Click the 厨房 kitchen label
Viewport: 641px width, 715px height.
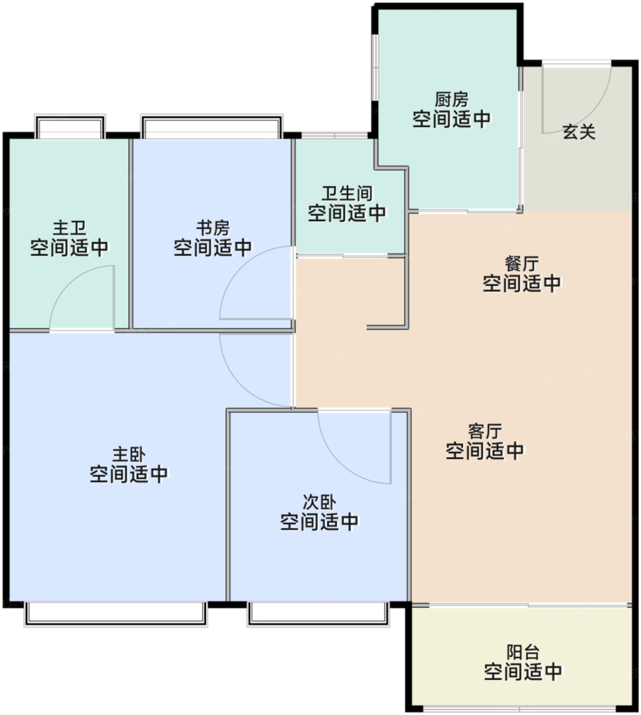[x=452, y=100]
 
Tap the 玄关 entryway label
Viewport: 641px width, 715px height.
[x=579, y=132]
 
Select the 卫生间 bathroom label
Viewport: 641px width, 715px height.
[x=347, y=194]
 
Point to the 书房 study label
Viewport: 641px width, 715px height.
[x=213, y=228]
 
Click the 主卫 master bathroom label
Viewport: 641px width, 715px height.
[x=69, y=228]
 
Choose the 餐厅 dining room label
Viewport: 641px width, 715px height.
[x=521, y=264]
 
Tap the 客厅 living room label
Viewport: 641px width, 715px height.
[x=485, y=431]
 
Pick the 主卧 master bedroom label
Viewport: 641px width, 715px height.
[x=129, y=455]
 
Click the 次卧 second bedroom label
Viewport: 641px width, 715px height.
[x=319, y=502]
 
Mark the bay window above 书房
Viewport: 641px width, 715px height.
[x=212, y=126]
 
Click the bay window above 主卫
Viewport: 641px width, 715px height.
[x=70, y=126]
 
